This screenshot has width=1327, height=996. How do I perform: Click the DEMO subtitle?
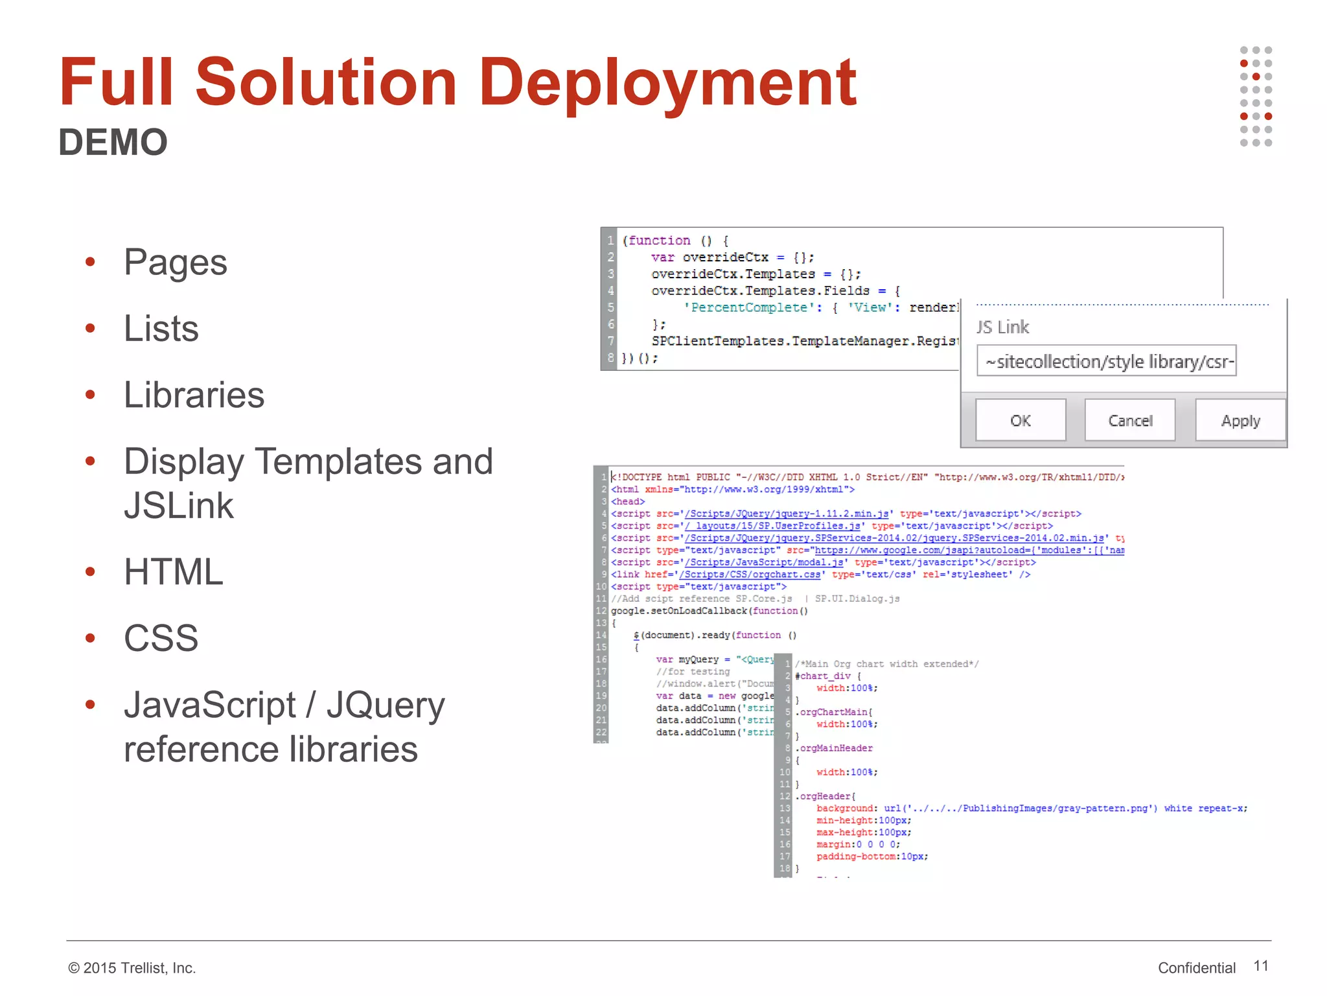113,142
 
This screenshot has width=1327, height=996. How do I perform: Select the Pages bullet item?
175,263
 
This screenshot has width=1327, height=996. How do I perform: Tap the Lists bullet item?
161,329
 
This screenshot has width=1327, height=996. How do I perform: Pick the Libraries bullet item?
194,395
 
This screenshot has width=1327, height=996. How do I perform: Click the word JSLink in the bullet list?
178,506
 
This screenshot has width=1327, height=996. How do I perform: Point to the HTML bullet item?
173,572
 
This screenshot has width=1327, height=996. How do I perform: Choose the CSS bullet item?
161,638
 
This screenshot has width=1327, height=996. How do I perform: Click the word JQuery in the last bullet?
386,705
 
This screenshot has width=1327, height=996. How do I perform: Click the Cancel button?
1130,421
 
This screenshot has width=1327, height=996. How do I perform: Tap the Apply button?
1240,421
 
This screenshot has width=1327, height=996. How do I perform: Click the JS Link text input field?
1106,361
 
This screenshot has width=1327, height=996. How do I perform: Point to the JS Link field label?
1002,327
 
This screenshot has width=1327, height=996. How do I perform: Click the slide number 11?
1260,966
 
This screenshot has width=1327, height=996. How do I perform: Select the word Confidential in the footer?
1196,968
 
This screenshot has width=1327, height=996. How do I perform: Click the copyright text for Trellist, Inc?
132,968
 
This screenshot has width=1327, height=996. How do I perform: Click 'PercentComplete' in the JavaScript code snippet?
748,308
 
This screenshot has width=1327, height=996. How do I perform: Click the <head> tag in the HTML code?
628,502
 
